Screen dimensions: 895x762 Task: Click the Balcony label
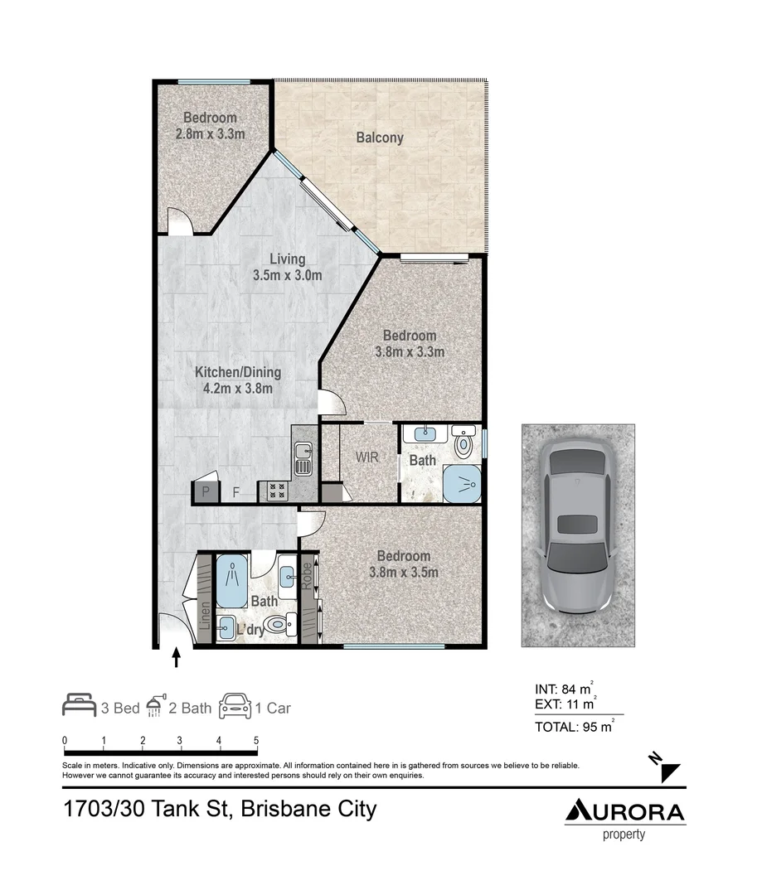point(380,138)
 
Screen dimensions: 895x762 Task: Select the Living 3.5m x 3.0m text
point(287,268)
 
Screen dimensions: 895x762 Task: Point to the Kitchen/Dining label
point(238,380)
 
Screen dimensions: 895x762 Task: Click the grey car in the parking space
point(578,535)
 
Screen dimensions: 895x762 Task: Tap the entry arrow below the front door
point(176,658)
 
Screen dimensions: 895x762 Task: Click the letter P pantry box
point(205,491)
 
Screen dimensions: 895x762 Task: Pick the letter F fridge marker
point(236,492)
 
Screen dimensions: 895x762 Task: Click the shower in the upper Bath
point(461,484)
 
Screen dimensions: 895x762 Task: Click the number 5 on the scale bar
point(256,740)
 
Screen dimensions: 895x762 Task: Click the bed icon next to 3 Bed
point(80,706)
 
